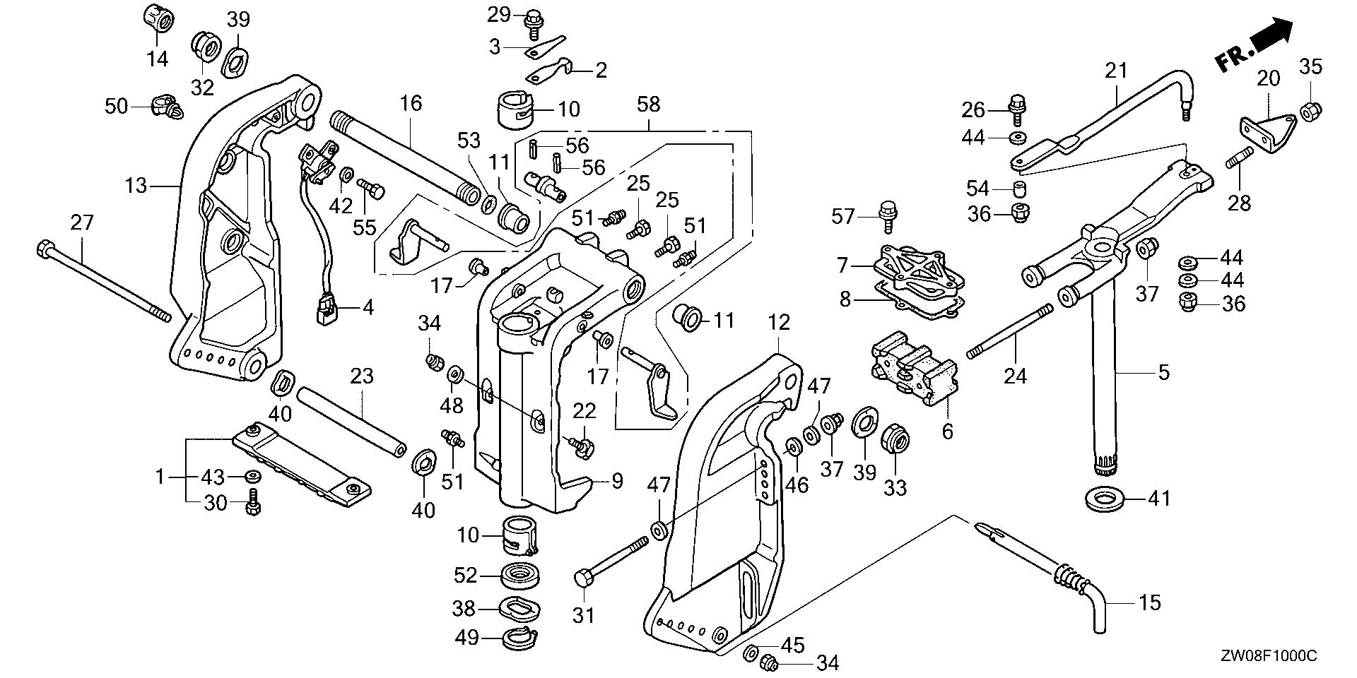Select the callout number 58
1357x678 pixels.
pyautogui.click(x=648, y=105)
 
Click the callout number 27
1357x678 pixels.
pyautogui.click(x=81, y=223)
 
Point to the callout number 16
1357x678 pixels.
pyautogui.click(x=411, y=104)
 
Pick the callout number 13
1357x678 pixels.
pyautogui.click(x=136, y=186)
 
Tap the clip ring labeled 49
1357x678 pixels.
pyautogui.click(x=522, y=638)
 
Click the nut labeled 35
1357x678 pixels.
pyautogui.click(x=1311, y=110)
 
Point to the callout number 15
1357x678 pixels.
pyautogui.click(x=1150, y=602)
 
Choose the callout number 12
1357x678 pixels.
pyautogui.click(x=778, y=323)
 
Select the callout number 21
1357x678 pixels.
pyautogui.click(x=1116, y=71)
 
